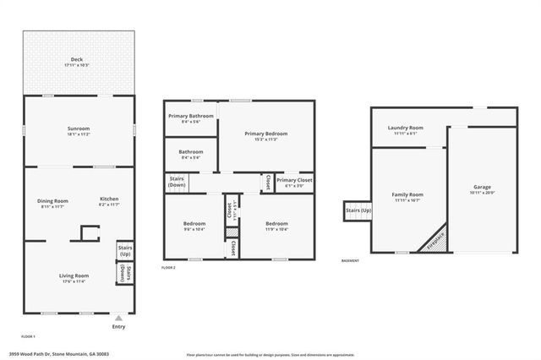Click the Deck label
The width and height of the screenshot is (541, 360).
77,62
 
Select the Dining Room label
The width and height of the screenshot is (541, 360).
52,203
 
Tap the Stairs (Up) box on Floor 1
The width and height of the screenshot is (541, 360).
124,251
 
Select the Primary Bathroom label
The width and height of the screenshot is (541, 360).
190,118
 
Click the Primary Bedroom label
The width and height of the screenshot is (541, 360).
266,136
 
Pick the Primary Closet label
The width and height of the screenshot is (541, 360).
294,182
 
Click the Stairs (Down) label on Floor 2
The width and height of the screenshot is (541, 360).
177,182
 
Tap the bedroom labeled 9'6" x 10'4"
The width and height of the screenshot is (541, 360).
194,226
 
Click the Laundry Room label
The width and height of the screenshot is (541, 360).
405,130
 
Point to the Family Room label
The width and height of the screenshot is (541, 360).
407,197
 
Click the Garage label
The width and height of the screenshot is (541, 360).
482,189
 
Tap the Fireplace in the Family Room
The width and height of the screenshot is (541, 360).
435,239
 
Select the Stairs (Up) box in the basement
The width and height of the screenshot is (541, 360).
356,211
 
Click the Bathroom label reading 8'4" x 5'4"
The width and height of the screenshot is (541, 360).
190,154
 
